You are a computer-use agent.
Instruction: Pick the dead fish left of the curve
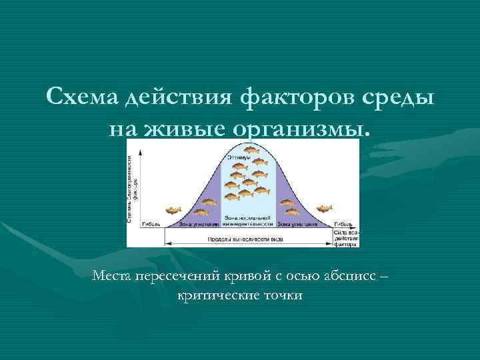click(173, 210)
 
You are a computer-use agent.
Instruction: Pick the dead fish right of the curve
click(324, 209)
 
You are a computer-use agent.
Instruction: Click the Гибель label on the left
click(151, 225)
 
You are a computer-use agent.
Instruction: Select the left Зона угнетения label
click(197, 225)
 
